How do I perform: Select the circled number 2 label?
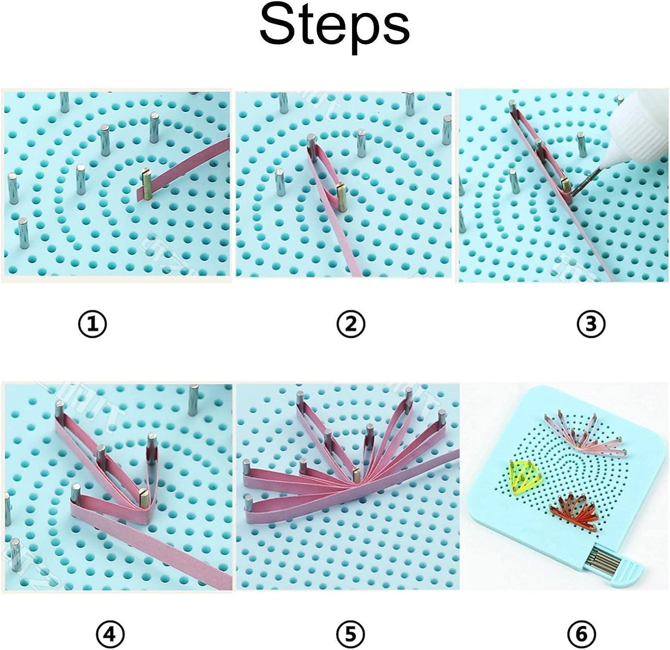(352, 323)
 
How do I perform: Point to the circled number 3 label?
(591, 323)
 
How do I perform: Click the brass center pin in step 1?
(147, 184)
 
